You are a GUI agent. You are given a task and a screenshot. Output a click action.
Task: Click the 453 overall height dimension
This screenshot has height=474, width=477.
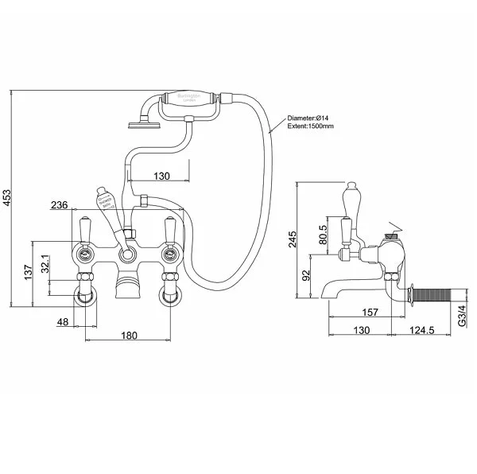click(x=7, y=197)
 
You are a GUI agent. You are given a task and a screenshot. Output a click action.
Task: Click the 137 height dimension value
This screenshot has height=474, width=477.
click(x=28, y=274)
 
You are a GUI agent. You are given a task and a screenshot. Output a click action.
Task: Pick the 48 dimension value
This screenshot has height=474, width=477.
click(x=64, y=321)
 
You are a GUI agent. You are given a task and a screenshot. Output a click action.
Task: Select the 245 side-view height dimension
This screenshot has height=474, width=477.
click(x=292, y=239)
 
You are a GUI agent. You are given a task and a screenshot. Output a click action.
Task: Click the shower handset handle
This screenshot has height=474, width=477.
click(x=190, y=103)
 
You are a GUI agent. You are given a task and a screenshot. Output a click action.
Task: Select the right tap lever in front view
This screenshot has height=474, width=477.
click(x=169, y=231)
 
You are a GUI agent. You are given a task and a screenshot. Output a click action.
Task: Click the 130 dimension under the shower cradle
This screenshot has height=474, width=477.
click(x=161, y=176)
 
